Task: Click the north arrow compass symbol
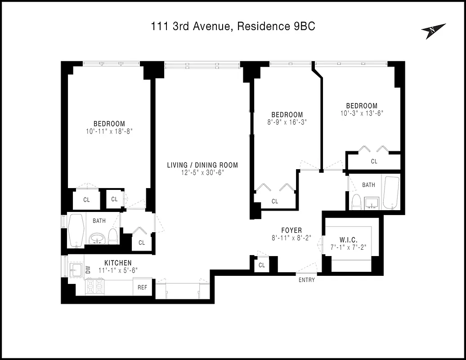pos(433,31)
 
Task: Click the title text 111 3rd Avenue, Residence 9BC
pos(233,27)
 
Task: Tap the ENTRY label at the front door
pos(306,280)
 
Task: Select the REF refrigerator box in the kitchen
pos(142,287)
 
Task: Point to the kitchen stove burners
pos(95,287)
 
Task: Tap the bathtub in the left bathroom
pos(76,229)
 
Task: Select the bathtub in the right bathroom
pos(391,193)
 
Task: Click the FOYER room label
pos(291,230)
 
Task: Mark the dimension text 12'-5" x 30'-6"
pos(202,172)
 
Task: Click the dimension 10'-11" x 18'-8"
pos(109,131)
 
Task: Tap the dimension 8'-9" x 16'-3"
pos(287,122)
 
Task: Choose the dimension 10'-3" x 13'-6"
pos(362,113)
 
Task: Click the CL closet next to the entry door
pos(262,265)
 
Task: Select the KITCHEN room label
pos(118,263)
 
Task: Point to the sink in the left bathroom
pos(97,238)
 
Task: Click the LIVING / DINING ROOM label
pos(202,165)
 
